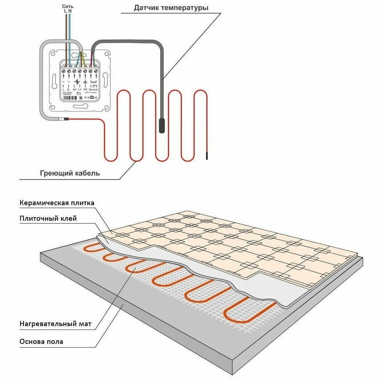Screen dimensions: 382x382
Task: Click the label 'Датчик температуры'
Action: coord(171,7)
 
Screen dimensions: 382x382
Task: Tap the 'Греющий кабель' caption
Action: coord(70,173)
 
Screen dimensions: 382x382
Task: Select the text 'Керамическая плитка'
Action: coord(57,203)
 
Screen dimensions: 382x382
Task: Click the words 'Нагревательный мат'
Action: coord(55,324)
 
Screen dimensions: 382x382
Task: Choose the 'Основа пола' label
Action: coord(41,342)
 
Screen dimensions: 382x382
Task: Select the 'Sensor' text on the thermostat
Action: coord(94,89)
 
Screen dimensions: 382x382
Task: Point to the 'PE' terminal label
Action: coord(85,89)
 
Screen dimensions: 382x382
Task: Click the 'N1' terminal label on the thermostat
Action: coord(74,89)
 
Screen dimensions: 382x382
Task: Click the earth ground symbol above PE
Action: coord(85,82)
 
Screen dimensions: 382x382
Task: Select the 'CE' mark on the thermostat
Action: coord(95,98)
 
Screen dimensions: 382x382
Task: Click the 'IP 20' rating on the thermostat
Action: coord(88,98)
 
